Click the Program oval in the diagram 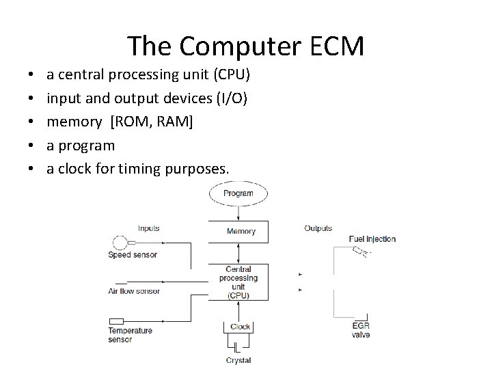pyautogui.click(x=238, y=193)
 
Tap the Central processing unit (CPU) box pyautogui.click(x=238, y=282)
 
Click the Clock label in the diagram pyautogui.click(x=240, y=327)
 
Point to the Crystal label pyautogui.click(x=238, y=360)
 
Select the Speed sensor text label pyautogui.click(x=133, y=255)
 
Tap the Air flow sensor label pyautogui.click(x=134, y=291)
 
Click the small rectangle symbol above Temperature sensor pyautogui.click(x=116, y=321)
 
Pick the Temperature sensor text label pyautogui.click(x=130, y=335)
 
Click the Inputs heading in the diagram pyautogui.click(x=150, y=228)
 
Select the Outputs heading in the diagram pyautogui.click(x=318, y=228)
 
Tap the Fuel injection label pyautogui.click(x=372, y=239)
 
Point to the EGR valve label pyautogui.click(x=361, y=330)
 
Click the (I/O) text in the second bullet pyautogui.click(x=230, y=98)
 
